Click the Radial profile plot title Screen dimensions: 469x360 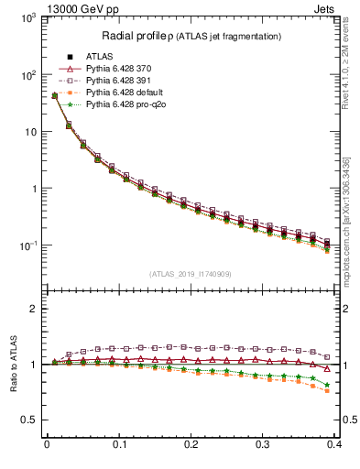click(x=190, y=36)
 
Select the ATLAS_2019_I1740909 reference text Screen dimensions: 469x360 click(x=190, y=274)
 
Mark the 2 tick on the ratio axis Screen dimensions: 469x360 click(x=36, y=309)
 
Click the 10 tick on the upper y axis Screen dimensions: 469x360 click(x=29, y=132)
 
